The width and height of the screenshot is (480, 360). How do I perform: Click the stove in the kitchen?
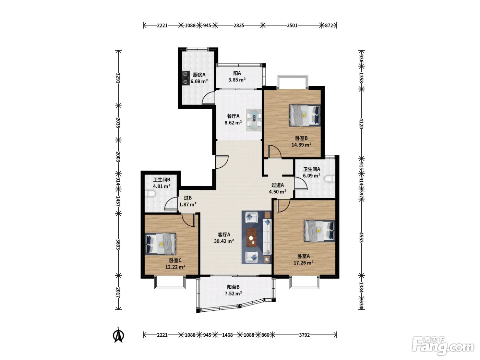(186, 78)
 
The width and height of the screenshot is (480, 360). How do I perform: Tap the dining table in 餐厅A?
(254, 120)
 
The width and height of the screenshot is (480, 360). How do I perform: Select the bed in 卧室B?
(304, 115)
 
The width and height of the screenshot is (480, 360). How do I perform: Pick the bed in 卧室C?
(160, 244)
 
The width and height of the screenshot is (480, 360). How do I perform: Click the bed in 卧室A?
(319, 231)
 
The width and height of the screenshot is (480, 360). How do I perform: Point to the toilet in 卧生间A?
(330, 179)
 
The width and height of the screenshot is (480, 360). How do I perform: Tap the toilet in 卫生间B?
(150, 194)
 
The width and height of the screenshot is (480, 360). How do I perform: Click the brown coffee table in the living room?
(252, 237)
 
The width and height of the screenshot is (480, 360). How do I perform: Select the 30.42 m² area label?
(224, 241)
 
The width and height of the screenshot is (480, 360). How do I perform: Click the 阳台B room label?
(233, 287)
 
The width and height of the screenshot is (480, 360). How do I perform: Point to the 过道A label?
(277, 185)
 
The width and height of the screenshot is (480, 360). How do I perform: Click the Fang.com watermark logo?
(443, 346)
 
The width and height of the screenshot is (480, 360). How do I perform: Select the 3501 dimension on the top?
(292, 25)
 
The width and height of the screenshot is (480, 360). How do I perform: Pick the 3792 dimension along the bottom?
(304, 335)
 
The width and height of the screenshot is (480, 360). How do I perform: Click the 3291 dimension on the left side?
(118, 78)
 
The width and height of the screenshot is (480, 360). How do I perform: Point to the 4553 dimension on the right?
(361, 237)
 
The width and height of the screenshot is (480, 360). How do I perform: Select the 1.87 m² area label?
(188, 205)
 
